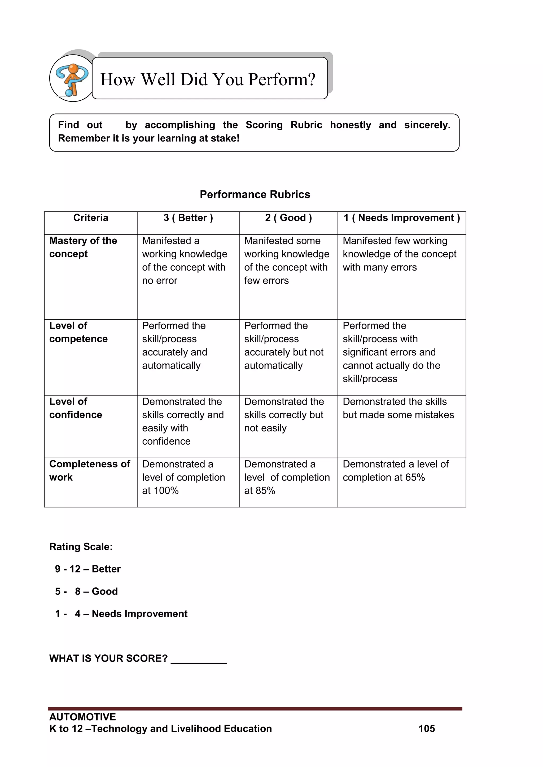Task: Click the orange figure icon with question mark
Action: coord(72,79)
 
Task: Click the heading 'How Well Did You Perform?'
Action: coord(208,79)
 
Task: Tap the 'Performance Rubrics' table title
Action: coord(255,194)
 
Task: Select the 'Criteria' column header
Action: coord(91,218)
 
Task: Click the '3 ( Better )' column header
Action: coord(188,218)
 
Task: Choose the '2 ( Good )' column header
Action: coord(288,218)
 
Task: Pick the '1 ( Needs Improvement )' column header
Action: coord(402,218)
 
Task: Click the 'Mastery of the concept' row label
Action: coord(83,247)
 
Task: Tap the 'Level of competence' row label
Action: coord(78,332)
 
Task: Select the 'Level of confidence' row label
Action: coord(76,408)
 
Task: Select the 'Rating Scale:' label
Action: coord(81,547)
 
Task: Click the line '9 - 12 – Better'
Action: coord(87,569)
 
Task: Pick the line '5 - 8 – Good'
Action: coord(86,591)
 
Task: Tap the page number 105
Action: coord(426,729)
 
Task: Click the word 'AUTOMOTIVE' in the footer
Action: coord(82,717)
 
